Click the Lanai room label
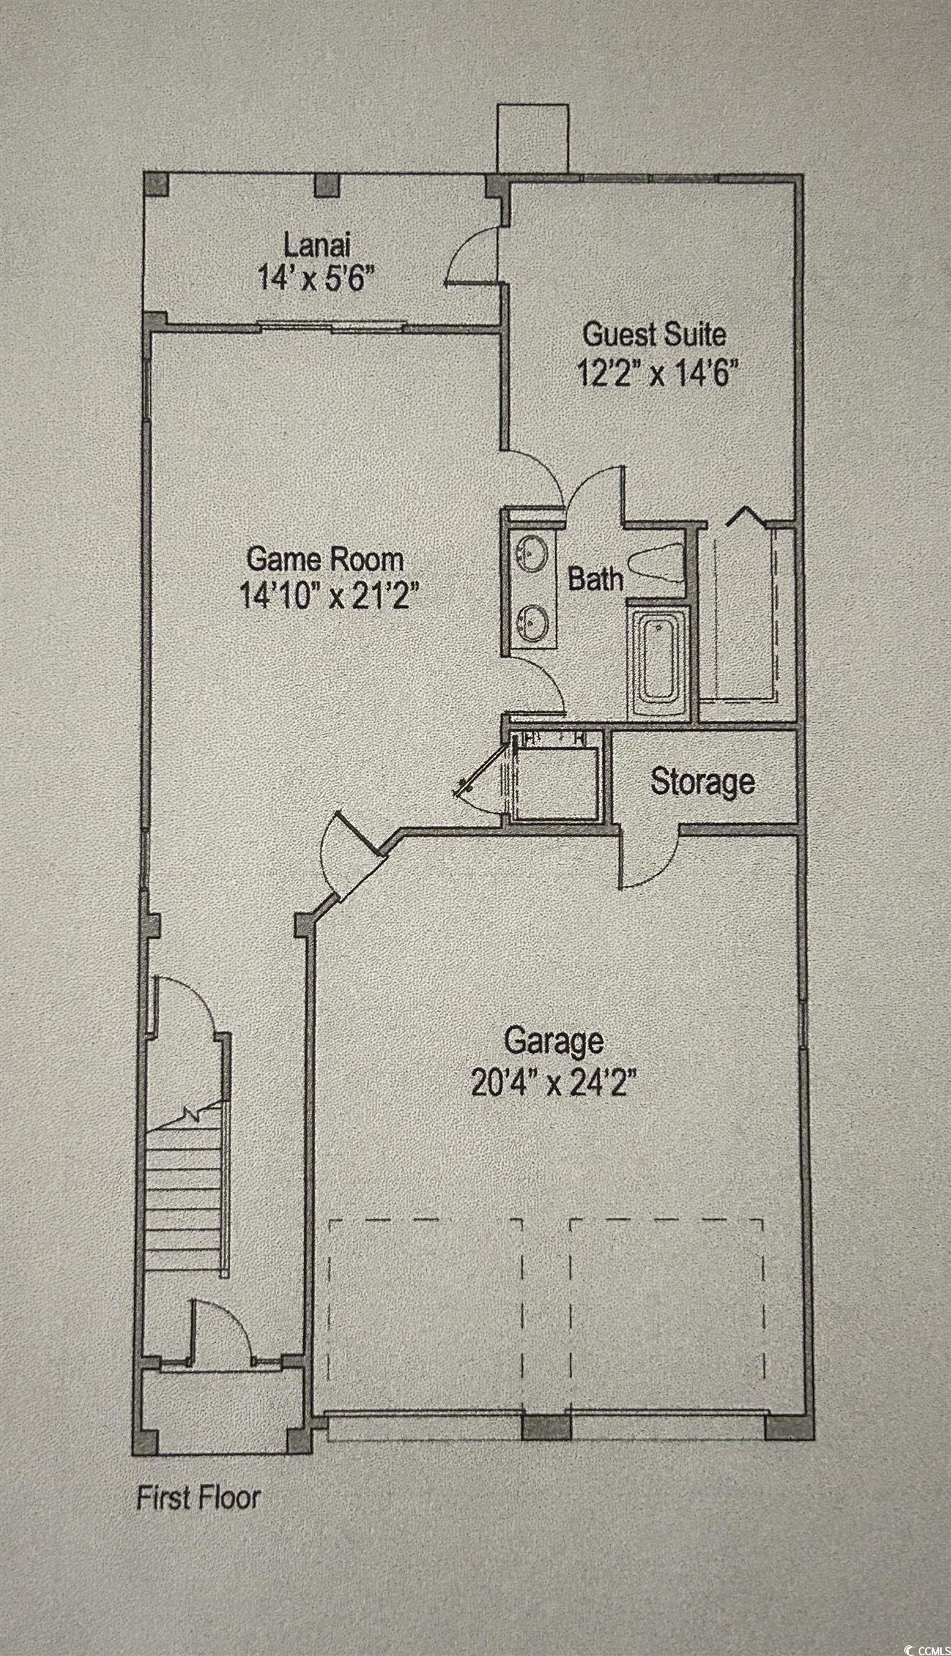tap(317, 246)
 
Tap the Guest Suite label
tap(654, 334)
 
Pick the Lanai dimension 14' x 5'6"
tap(317, 277)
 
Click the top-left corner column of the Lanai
tap(157, 184)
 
